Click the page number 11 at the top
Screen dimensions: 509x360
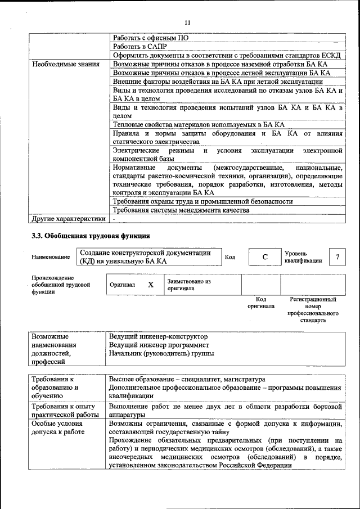pyautogui.click(x=187, y=22)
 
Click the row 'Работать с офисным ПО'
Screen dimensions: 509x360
pyautogui.click(x=150, y=38)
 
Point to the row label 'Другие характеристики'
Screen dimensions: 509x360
pyautogui.click(x=69, y=219)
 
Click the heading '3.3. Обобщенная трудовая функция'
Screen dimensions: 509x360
pyautogui.click(x=91, y=236)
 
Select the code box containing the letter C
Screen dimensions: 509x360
pyautogui.click(x=264, y=258)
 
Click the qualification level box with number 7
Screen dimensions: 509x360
pyautogui.click(x=337, y=258)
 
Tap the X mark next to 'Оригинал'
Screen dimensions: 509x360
pyautogui.click(x=151, y=285)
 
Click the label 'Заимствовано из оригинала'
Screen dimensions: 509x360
pyautogui.click(x=188, y=285)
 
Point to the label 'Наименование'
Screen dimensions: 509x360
pyautogui.click(x=51, y=258)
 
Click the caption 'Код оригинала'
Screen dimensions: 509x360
pyautogui.click(x=260, y=303)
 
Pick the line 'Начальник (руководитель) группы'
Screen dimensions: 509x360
pyautogui.click(x=161, y=354)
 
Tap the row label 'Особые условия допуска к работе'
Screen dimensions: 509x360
pyautogui.click(x=59, y=427)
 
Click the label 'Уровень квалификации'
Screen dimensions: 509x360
pyautogui.click(x=303, y=258)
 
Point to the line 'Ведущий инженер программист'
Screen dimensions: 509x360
pyautogui.click(x=159, y=345)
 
